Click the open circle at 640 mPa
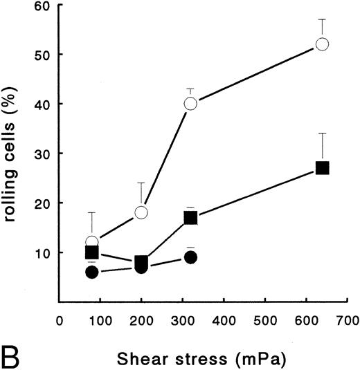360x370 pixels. [322, 44]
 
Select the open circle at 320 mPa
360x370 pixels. [190, 104]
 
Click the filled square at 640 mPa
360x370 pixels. [322, 168]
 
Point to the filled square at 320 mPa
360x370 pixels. [190, 218]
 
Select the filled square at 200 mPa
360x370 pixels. [141, 262]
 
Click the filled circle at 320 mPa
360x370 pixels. [190, 257]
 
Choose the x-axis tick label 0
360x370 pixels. [60, 321]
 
